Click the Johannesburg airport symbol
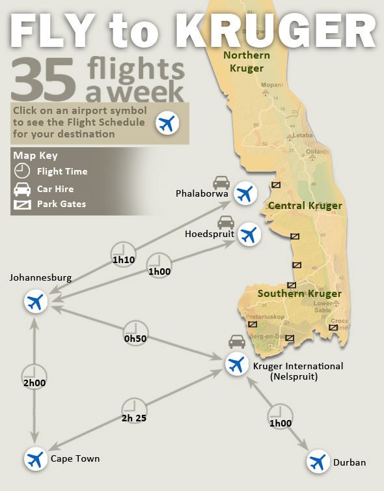[35, 302]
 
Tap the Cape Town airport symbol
[35, 458]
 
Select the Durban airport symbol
[318, 462]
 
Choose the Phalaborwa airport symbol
[245, 193]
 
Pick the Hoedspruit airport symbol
[248, 234]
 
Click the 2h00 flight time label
[34, 383]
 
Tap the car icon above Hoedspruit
[226, 221]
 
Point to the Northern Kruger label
[247, 61]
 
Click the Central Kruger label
[305, 206]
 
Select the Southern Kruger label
[299, 294]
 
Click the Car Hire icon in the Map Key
[22, 189]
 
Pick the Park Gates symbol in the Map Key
[22, 204]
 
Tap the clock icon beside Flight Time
[22, 171]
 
